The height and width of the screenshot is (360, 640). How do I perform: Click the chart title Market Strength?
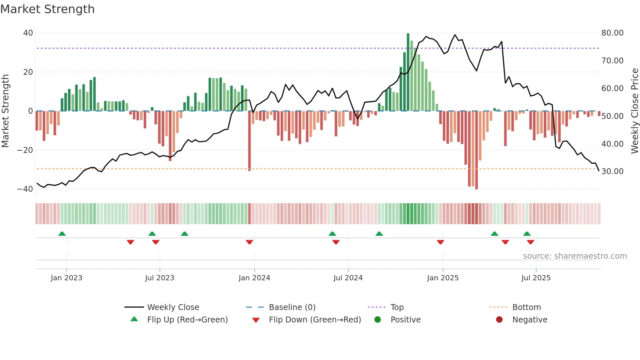47,9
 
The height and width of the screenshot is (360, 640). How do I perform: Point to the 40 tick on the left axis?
28,33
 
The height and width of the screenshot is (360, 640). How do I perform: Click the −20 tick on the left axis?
25,150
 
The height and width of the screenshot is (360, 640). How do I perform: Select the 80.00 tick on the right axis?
612,33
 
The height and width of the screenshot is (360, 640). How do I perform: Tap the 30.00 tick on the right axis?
612,171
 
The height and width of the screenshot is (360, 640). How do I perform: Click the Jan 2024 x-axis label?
254,278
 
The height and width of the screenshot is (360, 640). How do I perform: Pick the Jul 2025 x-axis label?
536,278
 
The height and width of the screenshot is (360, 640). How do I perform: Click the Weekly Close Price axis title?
634,111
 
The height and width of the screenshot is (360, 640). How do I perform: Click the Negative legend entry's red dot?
499,319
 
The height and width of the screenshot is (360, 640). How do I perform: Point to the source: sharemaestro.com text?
575,256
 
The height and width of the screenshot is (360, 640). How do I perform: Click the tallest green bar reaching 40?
408,72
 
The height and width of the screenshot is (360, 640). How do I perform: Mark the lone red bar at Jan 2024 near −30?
249,140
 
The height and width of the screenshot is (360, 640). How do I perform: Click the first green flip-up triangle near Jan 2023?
62,234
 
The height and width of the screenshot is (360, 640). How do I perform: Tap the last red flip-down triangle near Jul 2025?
531,242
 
